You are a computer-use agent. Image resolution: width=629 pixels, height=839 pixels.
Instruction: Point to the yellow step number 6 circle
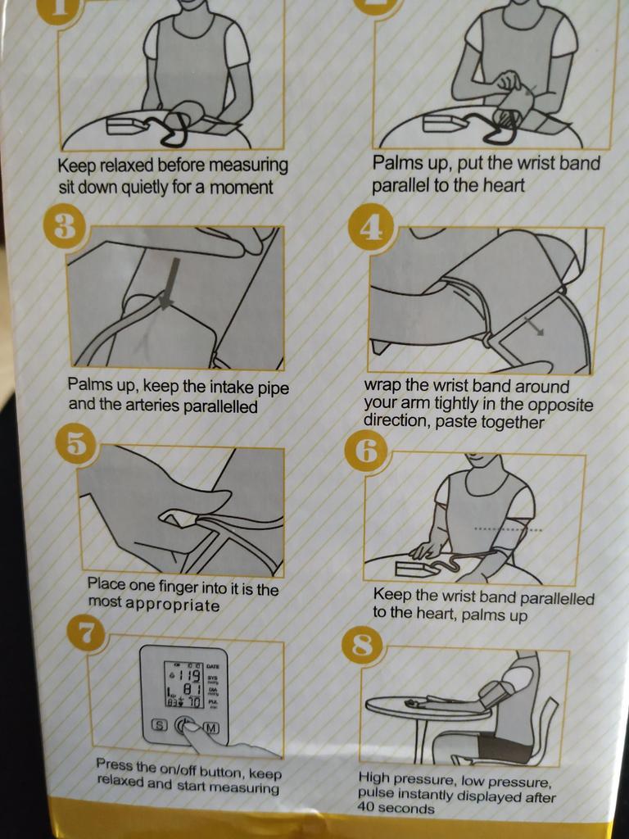click(368, 452)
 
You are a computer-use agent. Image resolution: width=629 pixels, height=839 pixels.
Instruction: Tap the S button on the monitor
click(160, 726)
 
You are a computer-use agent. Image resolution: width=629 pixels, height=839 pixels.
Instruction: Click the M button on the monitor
click(211, 728)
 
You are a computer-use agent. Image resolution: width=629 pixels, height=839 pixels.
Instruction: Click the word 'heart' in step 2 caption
click(504, 186)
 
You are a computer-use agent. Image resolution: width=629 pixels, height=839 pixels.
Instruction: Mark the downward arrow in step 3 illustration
click(170, 284)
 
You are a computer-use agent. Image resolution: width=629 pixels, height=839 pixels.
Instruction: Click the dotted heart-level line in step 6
click(508, 530)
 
